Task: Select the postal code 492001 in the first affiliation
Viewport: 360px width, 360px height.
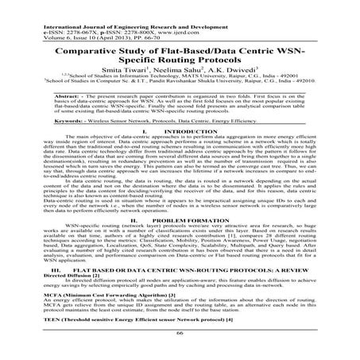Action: click(x=308, y=78)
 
